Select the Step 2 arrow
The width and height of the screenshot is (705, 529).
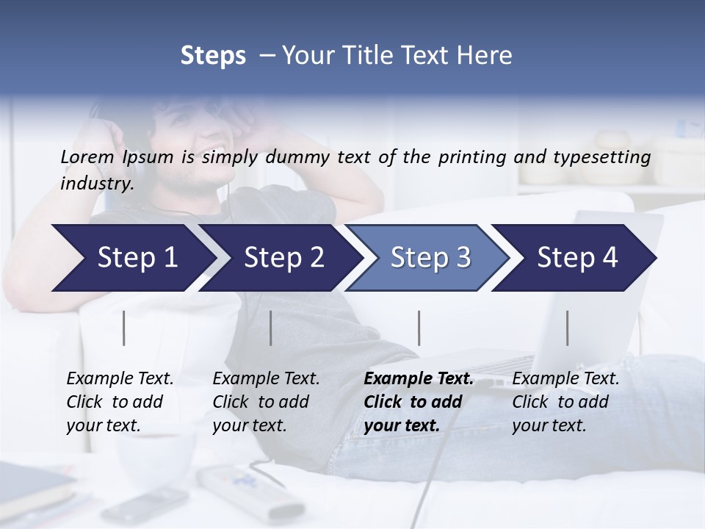point(283,258)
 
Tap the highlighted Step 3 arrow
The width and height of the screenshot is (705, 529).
point(430,258)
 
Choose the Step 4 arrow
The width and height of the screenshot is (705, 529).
point(577,258)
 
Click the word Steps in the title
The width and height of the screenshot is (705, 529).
point(213,56)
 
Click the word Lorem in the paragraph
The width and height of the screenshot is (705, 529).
point(87,156)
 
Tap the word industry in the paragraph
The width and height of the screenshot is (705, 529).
point(97,184)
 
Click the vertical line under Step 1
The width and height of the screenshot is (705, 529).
point(124,328)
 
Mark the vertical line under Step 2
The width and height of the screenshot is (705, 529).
point(271,328)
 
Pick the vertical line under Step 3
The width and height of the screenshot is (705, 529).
point(419,328)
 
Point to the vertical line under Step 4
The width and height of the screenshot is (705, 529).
point(568,328)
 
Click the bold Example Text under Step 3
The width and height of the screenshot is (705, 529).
point(419,379)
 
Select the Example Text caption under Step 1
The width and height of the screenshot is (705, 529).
point(120,379)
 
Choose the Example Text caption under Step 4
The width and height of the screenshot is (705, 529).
point(565,379)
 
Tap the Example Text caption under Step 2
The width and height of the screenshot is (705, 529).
point(266,379)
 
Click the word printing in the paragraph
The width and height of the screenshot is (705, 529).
point(471,157)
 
